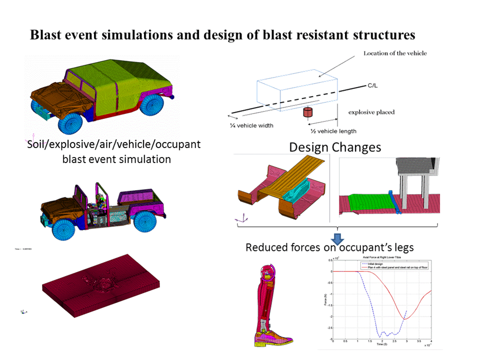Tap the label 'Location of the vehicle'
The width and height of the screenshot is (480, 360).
point(395,53)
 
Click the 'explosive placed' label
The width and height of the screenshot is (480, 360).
point(371,112)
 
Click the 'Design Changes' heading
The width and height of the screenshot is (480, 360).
point(335,147)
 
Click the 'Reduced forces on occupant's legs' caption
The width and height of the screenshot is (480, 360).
point(330,247)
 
